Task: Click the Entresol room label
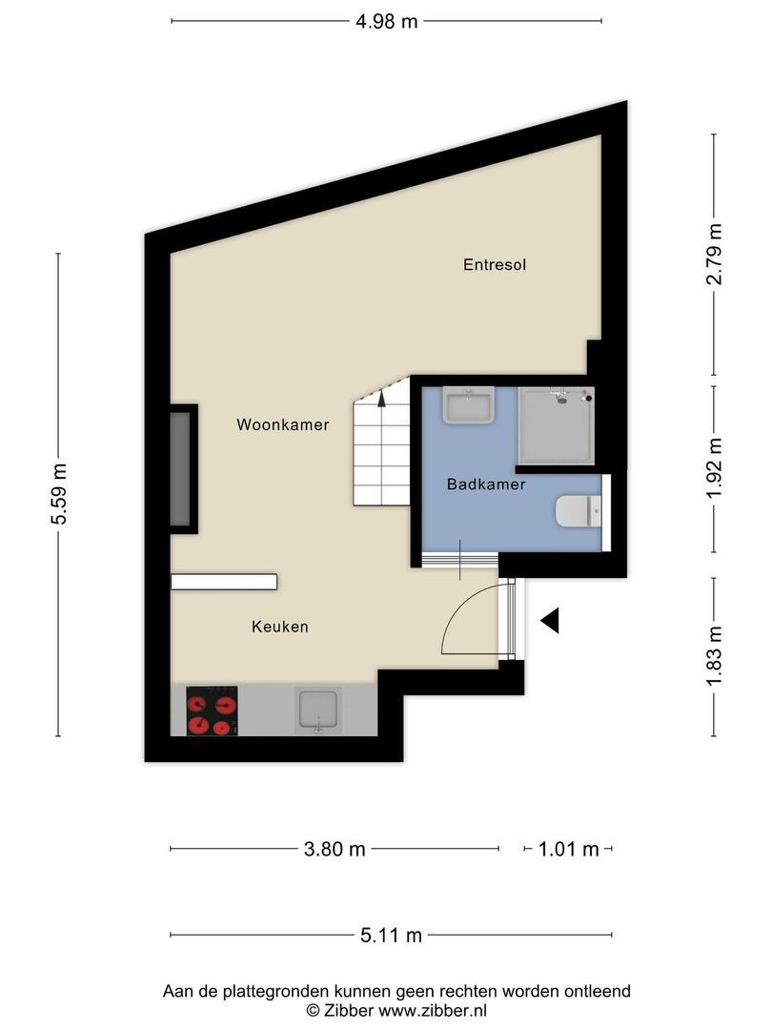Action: point(495,265)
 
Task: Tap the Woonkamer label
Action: point(283,424)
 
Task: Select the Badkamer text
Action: point(486,484)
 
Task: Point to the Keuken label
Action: point(279,626)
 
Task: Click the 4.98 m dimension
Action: point(387,21)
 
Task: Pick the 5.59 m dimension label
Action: point(59,493)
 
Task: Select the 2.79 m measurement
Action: point(714,254)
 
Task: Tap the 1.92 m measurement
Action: point(714,467)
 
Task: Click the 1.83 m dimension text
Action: point(714,655)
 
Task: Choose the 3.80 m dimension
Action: point(335,849)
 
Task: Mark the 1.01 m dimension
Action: point(568,849)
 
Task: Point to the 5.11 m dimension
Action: point(392,935)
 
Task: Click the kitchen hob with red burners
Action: point(212,711)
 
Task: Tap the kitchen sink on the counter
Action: point(318,711)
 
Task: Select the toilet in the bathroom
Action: point(579,512)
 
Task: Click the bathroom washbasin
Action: point(469,405)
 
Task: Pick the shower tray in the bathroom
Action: point(556,425)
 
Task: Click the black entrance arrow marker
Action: point(550,620)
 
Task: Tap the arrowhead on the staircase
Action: point(382,399)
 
